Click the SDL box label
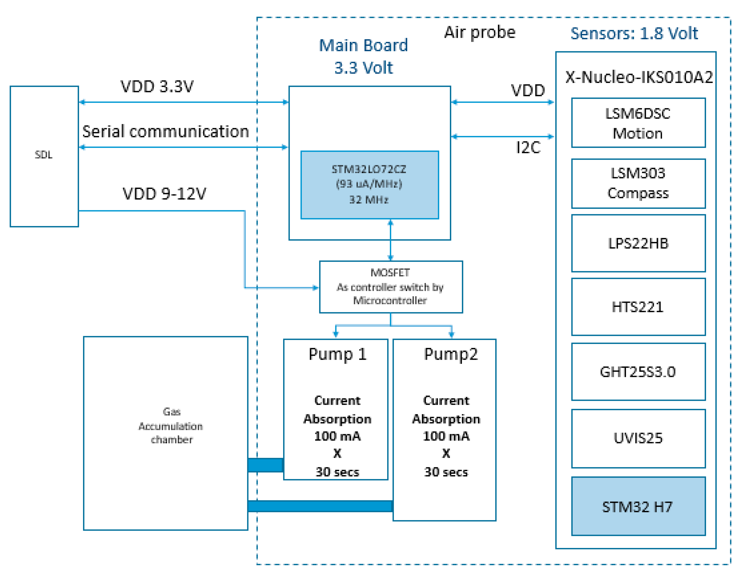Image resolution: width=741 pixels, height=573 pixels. click(43, 155)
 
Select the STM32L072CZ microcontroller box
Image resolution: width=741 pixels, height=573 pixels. click(369, 185)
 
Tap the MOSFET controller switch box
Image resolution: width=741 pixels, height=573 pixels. click(391, 287)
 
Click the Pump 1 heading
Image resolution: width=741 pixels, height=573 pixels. click(337, 354)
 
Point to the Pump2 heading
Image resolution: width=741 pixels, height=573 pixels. click(451, 354)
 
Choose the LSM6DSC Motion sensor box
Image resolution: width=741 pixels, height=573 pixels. click(638, 123)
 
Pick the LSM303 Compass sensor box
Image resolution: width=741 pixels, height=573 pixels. click(638, 183)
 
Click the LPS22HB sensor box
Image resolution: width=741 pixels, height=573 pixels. click(638, 243)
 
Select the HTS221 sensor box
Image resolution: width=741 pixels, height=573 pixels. click(638, 307)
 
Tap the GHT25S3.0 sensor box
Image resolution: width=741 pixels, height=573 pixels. click(638, 372)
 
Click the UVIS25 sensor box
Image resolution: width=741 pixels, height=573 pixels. click(638, 438)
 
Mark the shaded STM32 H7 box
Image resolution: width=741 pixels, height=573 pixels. click(638, 507)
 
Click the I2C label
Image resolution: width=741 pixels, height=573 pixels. click(528, 148)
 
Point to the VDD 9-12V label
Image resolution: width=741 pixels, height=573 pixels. click(164, 194)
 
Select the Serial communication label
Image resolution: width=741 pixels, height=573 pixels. click(166, 131)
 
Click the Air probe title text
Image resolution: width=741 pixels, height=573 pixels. click(479, 33)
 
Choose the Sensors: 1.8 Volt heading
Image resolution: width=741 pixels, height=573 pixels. click(634, 33)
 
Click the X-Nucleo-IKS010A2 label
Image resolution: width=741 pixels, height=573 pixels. click(639, 77)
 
